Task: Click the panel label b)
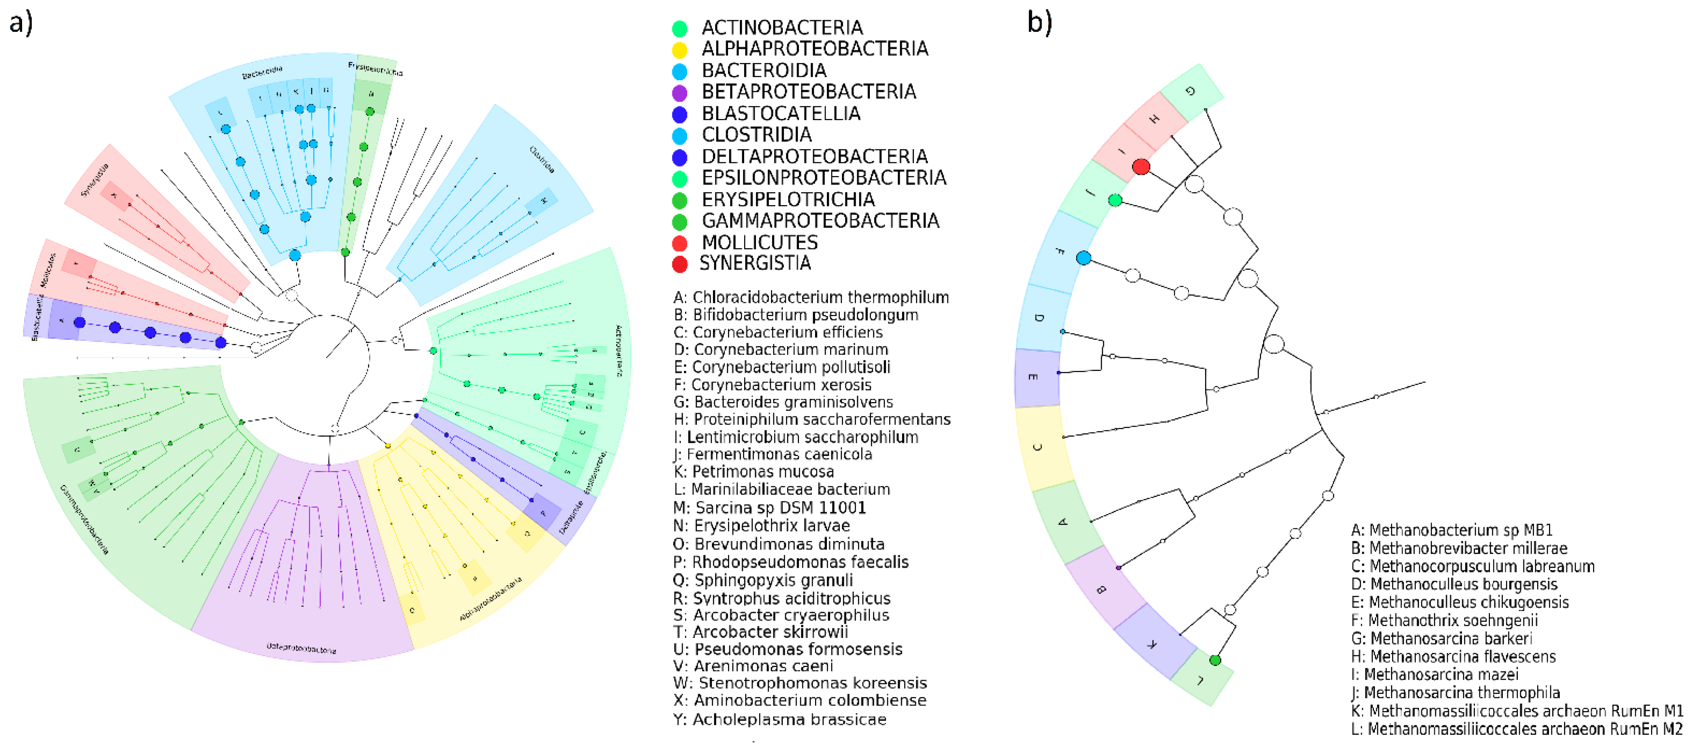[x=1040, y=23]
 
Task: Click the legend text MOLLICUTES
[x=759, y=243]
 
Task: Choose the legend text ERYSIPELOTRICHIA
[x=788, y=200]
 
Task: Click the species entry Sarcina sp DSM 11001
[x=770, y=508]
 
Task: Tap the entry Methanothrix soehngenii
[x=1444, y=620]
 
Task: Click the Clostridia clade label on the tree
[x=542, y=159]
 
